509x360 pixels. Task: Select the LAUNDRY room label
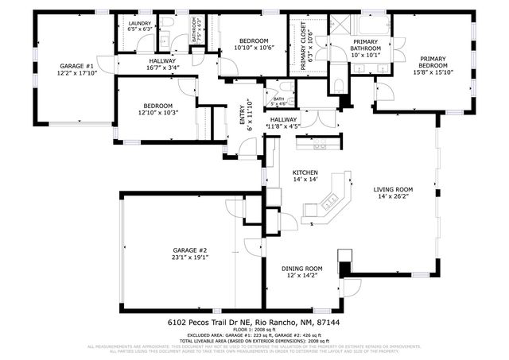click(x=140, y=25)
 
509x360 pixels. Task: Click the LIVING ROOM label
click(x=394, y=189)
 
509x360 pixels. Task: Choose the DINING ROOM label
click(x=301, y=269)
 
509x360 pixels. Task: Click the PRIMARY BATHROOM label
click(x=365, y=45)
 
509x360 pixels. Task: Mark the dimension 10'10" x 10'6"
click(x=253, y=48)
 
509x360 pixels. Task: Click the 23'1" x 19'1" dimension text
click(x=189, y=257)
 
